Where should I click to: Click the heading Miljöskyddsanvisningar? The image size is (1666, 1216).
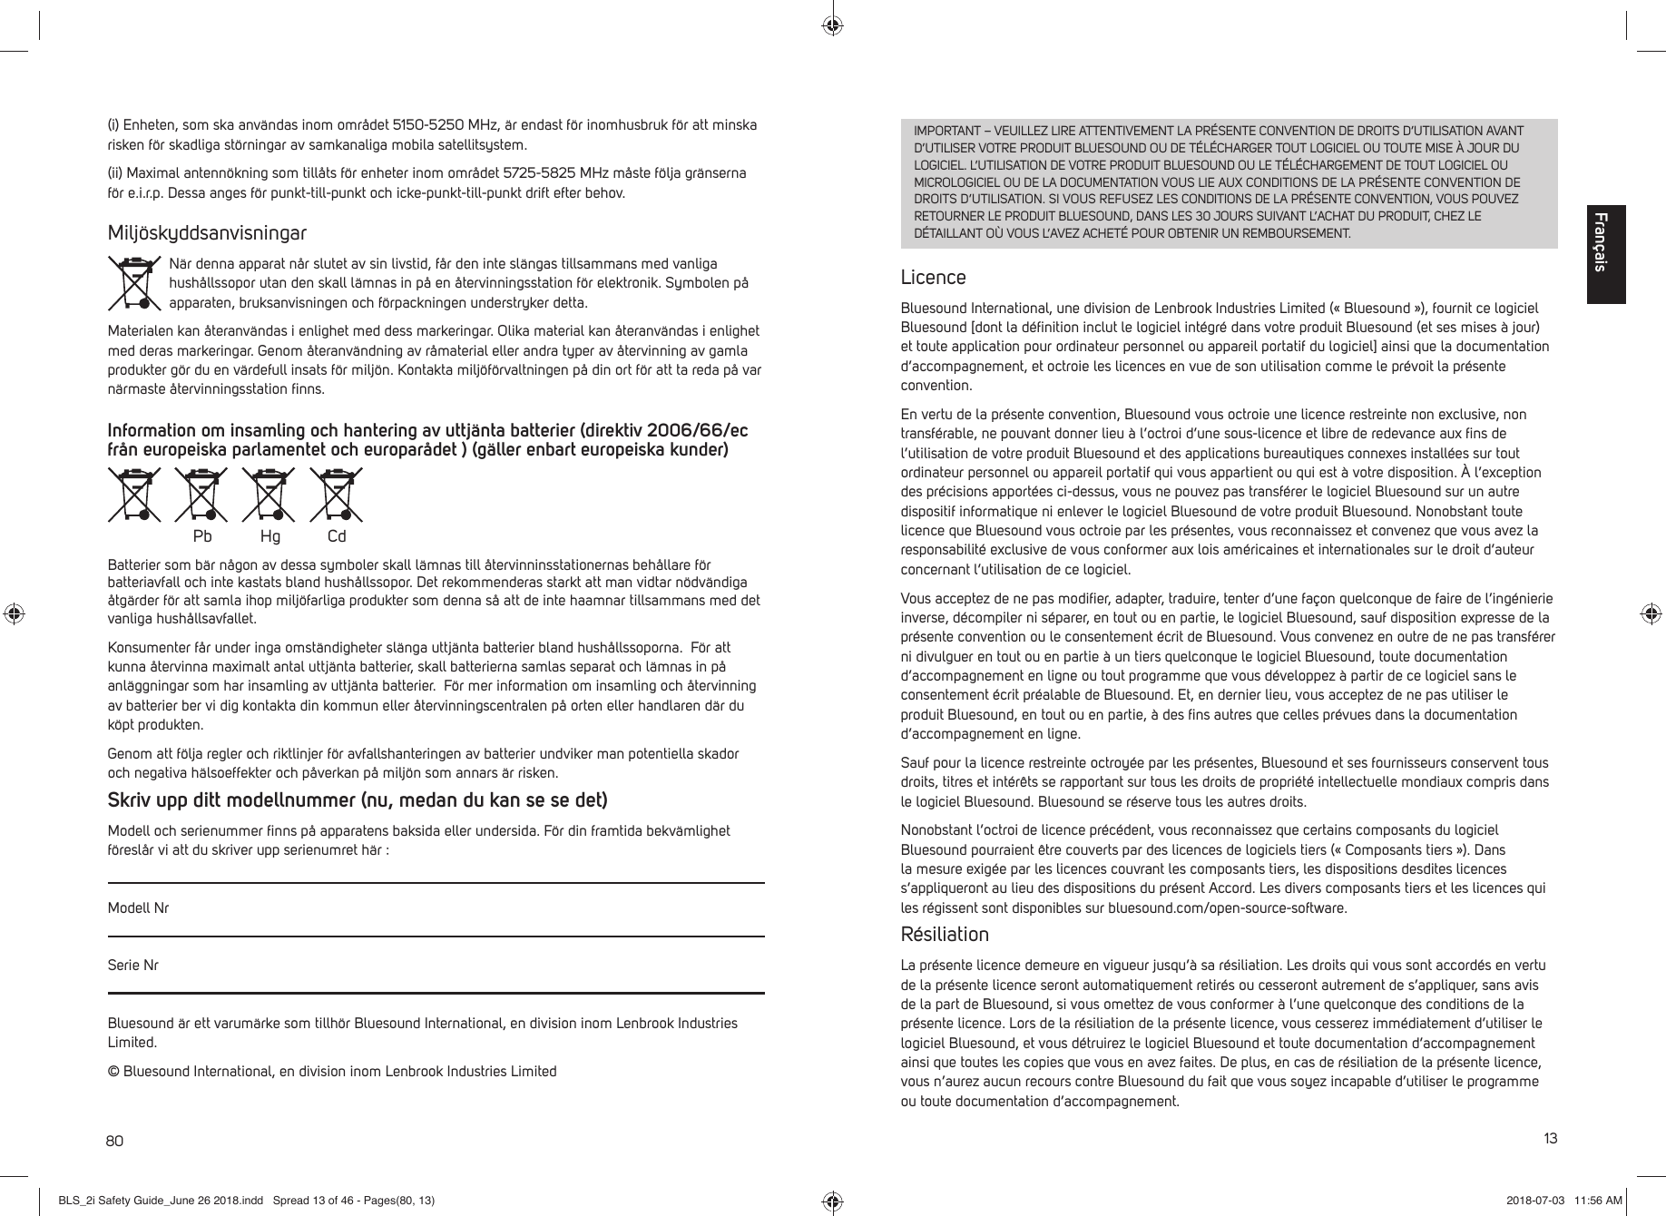(207, 234)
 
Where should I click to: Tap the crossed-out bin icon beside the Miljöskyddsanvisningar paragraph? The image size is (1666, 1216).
(133, 282)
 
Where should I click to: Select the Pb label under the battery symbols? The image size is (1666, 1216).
(202, 536)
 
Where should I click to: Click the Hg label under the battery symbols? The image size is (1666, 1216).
(270, 536)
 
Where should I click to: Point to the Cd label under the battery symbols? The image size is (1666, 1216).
(337, 536)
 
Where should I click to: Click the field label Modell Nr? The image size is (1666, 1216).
(138, 908)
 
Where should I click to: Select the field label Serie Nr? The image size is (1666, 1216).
(132, 966)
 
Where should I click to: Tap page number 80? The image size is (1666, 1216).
(115, 1140)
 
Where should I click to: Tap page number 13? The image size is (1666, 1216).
(1549, 1138)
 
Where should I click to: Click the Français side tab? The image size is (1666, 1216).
(1605, 254)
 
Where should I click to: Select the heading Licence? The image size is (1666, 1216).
(933, 277)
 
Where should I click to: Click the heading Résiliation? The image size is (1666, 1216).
(944, 935)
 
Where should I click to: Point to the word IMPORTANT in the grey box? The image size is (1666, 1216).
(942, 131)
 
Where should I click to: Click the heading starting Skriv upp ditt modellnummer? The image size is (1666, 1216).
(358, 801)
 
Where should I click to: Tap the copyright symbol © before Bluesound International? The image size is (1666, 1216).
(113, 1072)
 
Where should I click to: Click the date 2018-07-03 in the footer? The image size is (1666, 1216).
(1535, 1201)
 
